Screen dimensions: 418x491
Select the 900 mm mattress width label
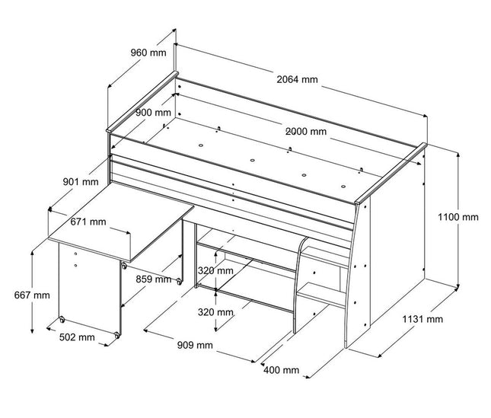coord(153,112)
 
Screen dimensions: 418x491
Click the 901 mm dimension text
coord(80,182)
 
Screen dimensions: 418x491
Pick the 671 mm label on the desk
coord(88,222)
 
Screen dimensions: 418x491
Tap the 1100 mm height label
coord(458,218)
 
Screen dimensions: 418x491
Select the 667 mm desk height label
coord(30,295)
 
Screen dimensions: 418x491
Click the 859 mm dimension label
coord(152,279)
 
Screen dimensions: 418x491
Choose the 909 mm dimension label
coord(193,346)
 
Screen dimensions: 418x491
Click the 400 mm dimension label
coord(280,370)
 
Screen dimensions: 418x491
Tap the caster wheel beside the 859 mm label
coord(179,282)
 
